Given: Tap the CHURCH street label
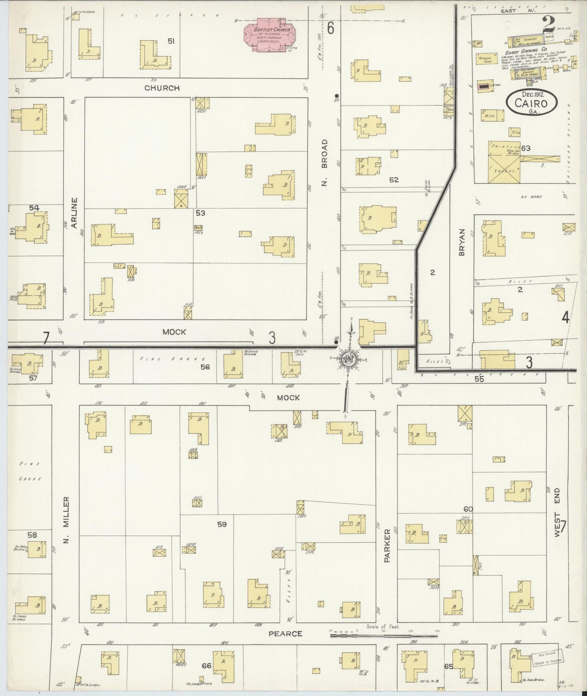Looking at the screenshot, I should [162, 88].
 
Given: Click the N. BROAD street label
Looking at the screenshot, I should [324, 163].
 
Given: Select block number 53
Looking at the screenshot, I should [200, 213].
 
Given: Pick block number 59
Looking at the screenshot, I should [221, 524].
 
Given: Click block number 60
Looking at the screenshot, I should [468, 509].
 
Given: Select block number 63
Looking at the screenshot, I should [526, 148].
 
